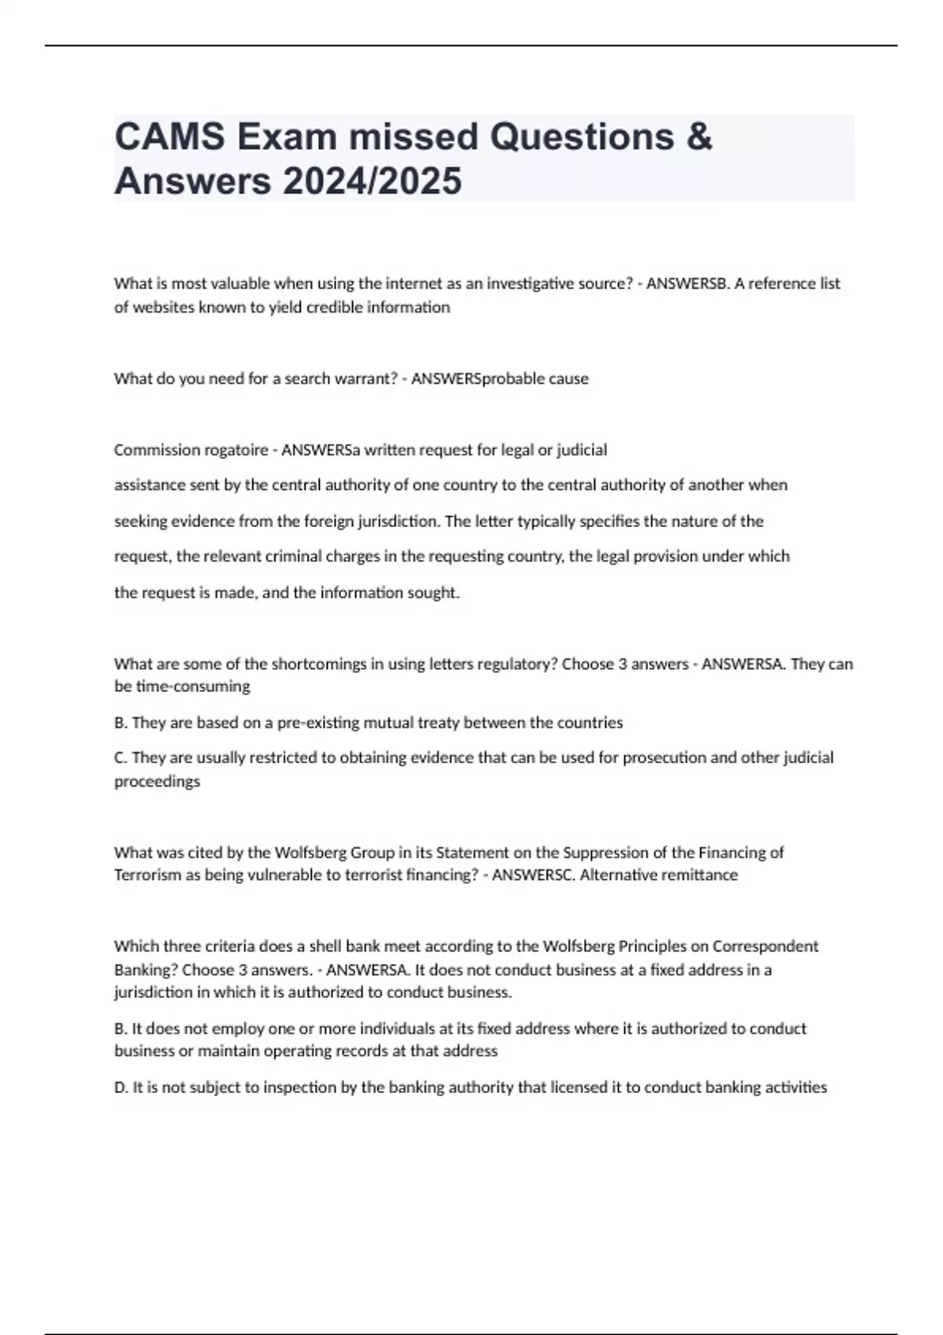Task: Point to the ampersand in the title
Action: [x=699, y=137]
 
